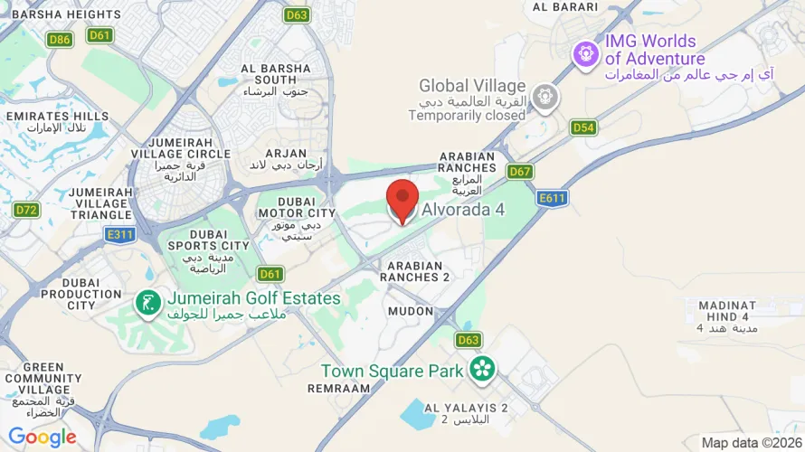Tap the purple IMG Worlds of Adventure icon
coord(586,54)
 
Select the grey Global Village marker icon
coord(545,97)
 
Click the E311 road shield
coord(119,235)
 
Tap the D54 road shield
coord(584,127)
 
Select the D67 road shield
coord(519,171)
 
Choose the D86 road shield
coord(61,39)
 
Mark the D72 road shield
coord(27,210)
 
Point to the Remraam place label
coord(339,387)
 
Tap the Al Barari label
coord(566,7)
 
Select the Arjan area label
coord(285,154)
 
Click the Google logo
coord(43,438)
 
